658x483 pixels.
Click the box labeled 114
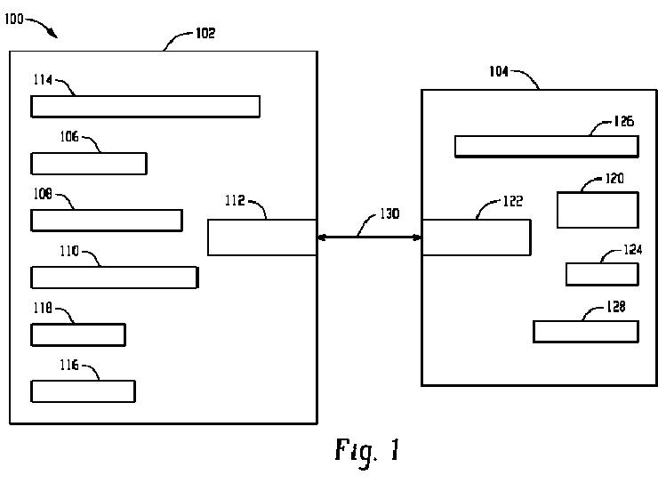(145, 106)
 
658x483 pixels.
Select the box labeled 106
(89, 164)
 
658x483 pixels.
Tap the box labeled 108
(107, 220)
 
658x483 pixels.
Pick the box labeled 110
(114, 277)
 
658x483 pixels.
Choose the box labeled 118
(78, 334)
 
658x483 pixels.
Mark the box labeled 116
(83, 391)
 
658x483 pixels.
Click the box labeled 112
(262, 237)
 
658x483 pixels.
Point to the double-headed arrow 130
(369, 237)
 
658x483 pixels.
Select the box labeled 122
(476, 237)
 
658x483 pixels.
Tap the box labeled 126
(545, 146)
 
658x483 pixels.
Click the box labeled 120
(598, 210)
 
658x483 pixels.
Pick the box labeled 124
(602, 274)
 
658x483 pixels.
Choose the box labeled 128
(586, 331)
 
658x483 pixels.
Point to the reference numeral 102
(205, 34)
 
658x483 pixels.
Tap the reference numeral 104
(500, 72)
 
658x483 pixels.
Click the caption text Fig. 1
(367, 450)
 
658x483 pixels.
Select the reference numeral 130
(389, 214)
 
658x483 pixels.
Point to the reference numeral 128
(614, 306)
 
